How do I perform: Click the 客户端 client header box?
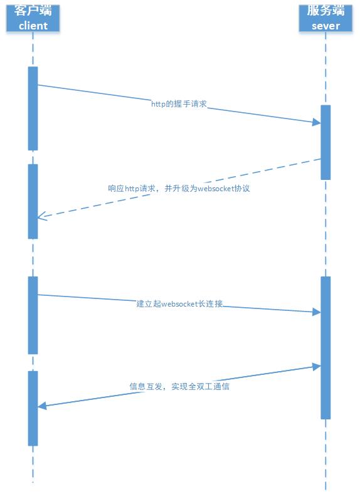tap(33, 18)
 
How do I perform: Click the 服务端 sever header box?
tap(326, 18)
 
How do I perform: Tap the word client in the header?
tap(33, 26)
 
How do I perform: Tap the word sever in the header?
tap(326, 26)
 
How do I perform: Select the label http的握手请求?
tap(179, 103)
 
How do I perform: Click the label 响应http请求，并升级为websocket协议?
tap(179, 189)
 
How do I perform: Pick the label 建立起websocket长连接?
tap(179, 303)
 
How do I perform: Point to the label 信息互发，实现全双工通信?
tap(179, 386)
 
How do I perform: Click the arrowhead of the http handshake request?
tap(317, 122)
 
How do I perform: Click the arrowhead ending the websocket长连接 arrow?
tap(317, 312)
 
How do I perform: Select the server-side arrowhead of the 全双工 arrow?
tap(317, 367)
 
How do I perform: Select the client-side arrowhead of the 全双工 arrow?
tap(42, 406)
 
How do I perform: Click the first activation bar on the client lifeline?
tap(33, 108)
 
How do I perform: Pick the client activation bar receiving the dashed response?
tap(33, 201)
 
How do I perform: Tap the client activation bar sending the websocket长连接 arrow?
tap(33, 315)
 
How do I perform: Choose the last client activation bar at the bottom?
tap(33, 408)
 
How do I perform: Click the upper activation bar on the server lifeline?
tap(326, 142)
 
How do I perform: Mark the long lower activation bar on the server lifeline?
tap(326, 348)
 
